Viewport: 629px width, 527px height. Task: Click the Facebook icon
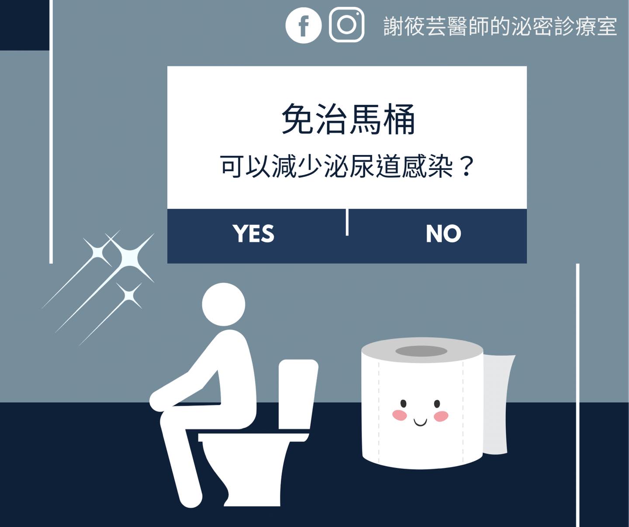pos(303,25)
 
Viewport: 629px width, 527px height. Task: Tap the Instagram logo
pos(346,24)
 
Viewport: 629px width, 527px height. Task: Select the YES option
pos(253,234)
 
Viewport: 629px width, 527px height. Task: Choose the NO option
pos(443,234)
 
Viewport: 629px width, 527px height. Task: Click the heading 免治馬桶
pos(348,119)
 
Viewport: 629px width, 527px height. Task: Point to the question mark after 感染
pos(466,166)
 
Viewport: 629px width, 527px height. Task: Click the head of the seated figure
pos(224,304)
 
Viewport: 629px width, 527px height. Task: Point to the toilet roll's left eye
pos(403,403)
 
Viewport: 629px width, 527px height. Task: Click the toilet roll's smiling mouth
pos(420,422)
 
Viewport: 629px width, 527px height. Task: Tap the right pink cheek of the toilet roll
pos(441,416)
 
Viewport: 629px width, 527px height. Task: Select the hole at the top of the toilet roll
pos(421,351)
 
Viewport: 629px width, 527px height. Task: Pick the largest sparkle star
pos(130,258)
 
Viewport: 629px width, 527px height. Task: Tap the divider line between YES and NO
pos(347,222)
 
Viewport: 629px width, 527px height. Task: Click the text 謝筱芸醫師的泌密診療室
pos(500,26)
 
